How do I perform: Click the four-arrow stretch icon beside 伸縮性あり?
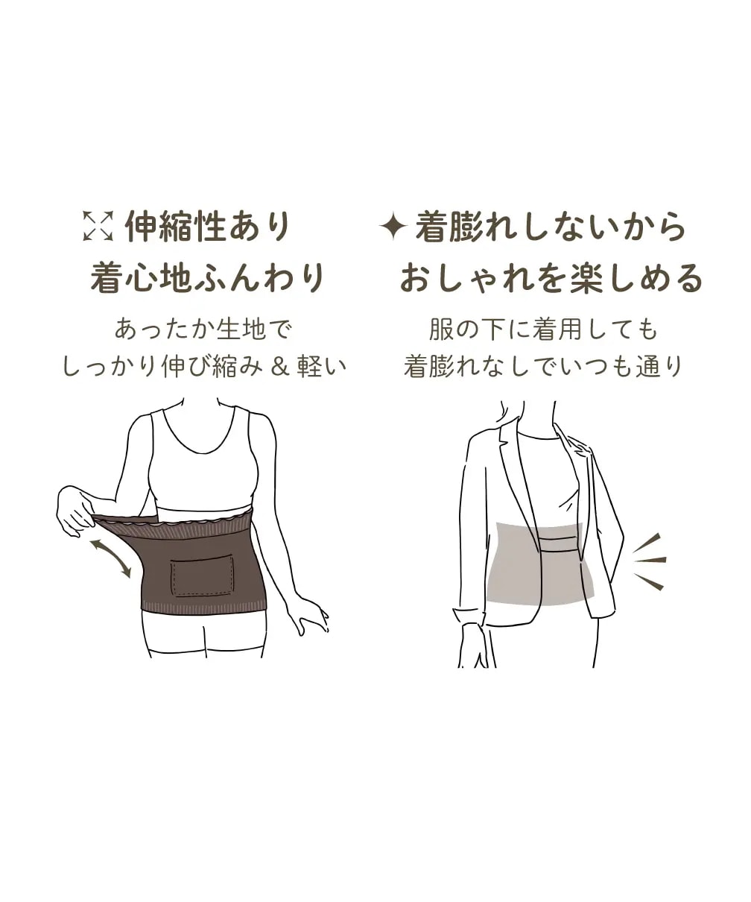click(98, 225)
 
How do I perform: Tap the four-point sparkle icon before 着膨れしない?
click(393, 226)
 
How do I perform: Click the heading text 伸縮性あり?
click(208, 226)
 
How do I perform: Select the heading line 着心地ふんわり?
click(207, 278)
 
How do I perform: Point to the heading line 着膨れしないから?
click(551, 226)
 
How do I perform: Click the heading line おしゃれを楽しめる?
click(551, 278)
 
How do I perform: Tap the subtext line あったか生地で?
click(204, 329)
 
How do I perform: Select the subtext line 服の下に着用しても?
click(543, 329)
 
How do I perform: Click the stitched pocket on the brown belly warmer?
click(203, 578)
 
